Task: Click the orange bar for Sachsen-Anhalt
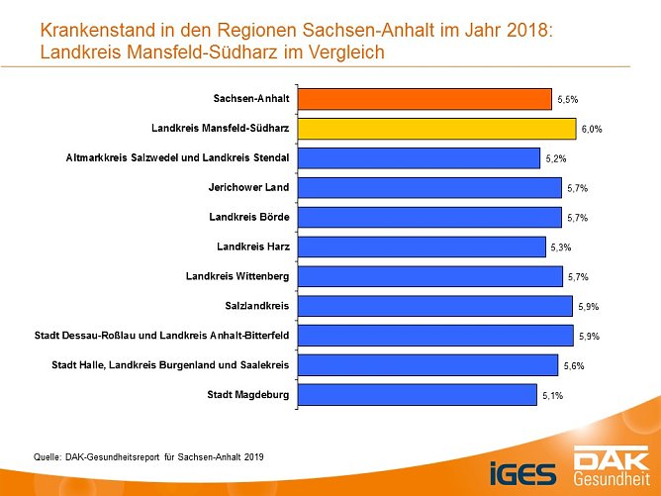[424, 99]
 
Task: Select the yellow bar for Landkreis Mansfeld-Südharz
[435, 129]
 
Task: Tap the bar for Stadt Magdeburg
[417, 395]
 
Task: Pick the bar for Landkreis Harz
[421, 247]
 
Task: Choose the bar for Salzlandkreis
[434, 306]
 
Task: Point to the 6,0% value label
[592, 130]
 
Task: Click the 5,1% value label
[552, 396]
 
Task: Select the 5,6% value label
[573, 366]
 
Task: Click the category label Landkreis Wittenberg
[236, 275]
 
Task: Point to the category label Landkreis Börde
[248, 216]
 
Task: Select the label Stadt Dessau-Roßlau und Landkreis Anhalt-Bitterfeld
[161, 335]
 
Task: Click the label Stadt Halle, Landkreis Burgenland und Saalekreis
[169, 364]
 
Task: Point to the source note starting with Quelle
[149, 456]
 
